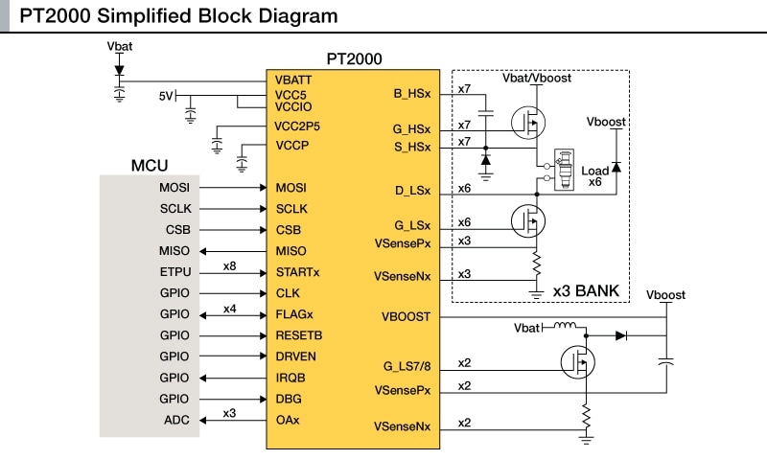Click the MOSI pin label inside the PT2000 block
(291, 187)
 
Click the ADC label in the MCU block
(177, 420)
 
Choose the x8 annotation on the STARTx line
(230, 265)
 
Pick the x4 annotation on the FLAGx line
(230, 308)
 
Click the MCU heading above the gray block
(150, 166)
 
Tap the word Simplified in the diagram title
(155, 16)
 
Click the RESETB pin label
(298, 335)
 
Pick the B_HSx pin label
(412, 94)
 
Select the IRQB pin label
(291, 378)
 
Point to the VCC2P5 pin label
(297, 126)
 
